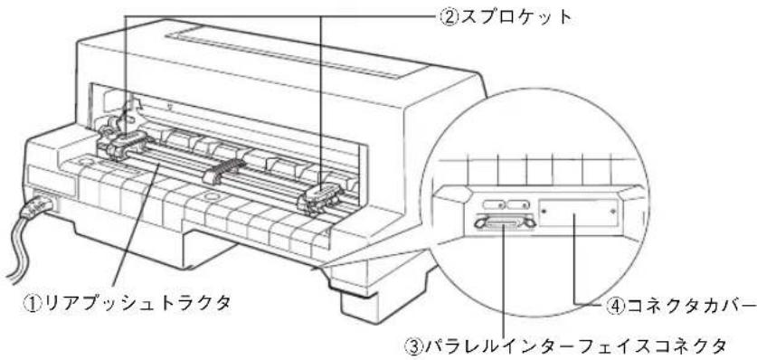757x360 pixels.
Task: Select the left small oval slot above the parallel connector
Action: tap(494, 205)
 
